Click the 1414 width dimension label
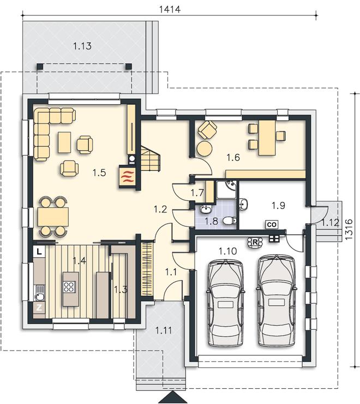[x=170, y=9]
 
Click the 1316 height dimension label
[x=349, y=229]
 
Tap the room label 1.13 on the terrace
[x=82, y=46]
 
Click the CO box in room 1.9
[x=272, y=224]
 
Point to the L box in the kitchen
[x=39, y=252]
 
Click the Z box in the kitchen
[x=39, y=307]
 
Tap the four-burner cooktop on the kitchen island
[x=69, y=287]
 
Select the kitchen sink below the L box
[x=40, y=293]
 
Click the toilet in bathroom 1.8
[x=230, y=221]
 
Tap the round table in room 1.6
[x=205, y=148]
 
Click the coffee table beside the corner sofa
[x=64, y=142]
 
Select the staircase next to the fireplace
[x=150, y=158]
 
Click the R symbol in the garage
[x=255, y=242]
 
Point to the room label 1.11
[x=164, y=330]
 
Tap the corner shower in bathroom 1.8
[x=226, y=189]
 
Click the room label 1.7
[x=197, y=193]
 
